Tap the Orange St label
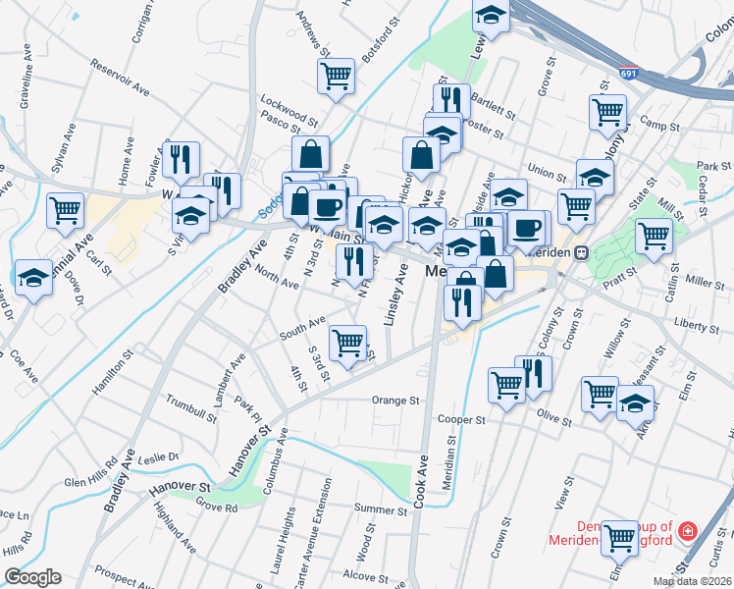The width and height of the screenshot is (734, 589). point(395,401)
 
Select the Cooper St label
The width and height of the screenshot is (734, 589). point(461,419)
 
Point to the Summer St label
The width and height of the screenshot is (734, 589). point(381,509)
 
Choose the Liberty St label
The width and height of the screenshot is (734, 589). point(697,323)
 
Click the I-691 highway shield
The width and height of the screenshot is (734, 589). point(629,74)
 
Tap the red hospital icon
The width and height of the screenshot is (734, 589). point(688,531)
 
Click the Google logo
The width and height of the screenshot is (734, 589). point(32,577)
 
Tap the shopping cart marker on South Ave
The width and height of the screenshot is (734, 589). point(347,341)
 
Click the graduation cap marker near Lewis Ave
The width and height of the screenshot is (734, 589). point(491,15)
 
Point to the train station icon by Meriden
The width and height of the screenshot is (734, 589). point(581,251)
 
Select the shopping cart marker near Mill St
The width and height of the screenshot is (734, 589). point(653,234)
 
